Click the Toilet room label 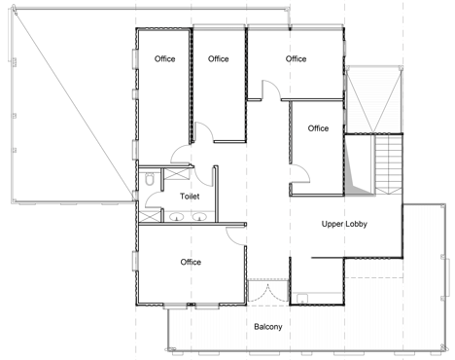coord(190,197)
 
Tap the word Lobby coord(356,224)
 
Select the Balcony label coord(268,327)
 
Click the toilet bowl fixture coord(150,179)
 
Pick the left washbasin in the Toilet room coord(177,217)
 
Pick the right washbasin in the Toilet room coord(198,217)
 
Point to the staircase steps coord(389,164)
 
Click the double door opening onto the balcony coord(268,293)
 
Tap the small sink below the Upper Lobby coord(302,299)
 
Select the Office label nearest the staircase coord(318,128)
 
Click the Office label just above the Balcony coord(191,262)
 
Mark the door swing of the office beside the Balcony coord(235,235)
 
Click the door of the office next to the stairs coord(300,174)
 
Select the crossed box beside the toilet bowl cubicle coord(177,174)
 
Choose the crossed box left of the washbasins coord(150,216)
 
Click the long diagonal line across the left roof coord(75,104)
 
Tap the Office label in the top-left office coord(164,59)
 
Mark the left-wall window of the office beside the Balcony coord(135,261)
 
